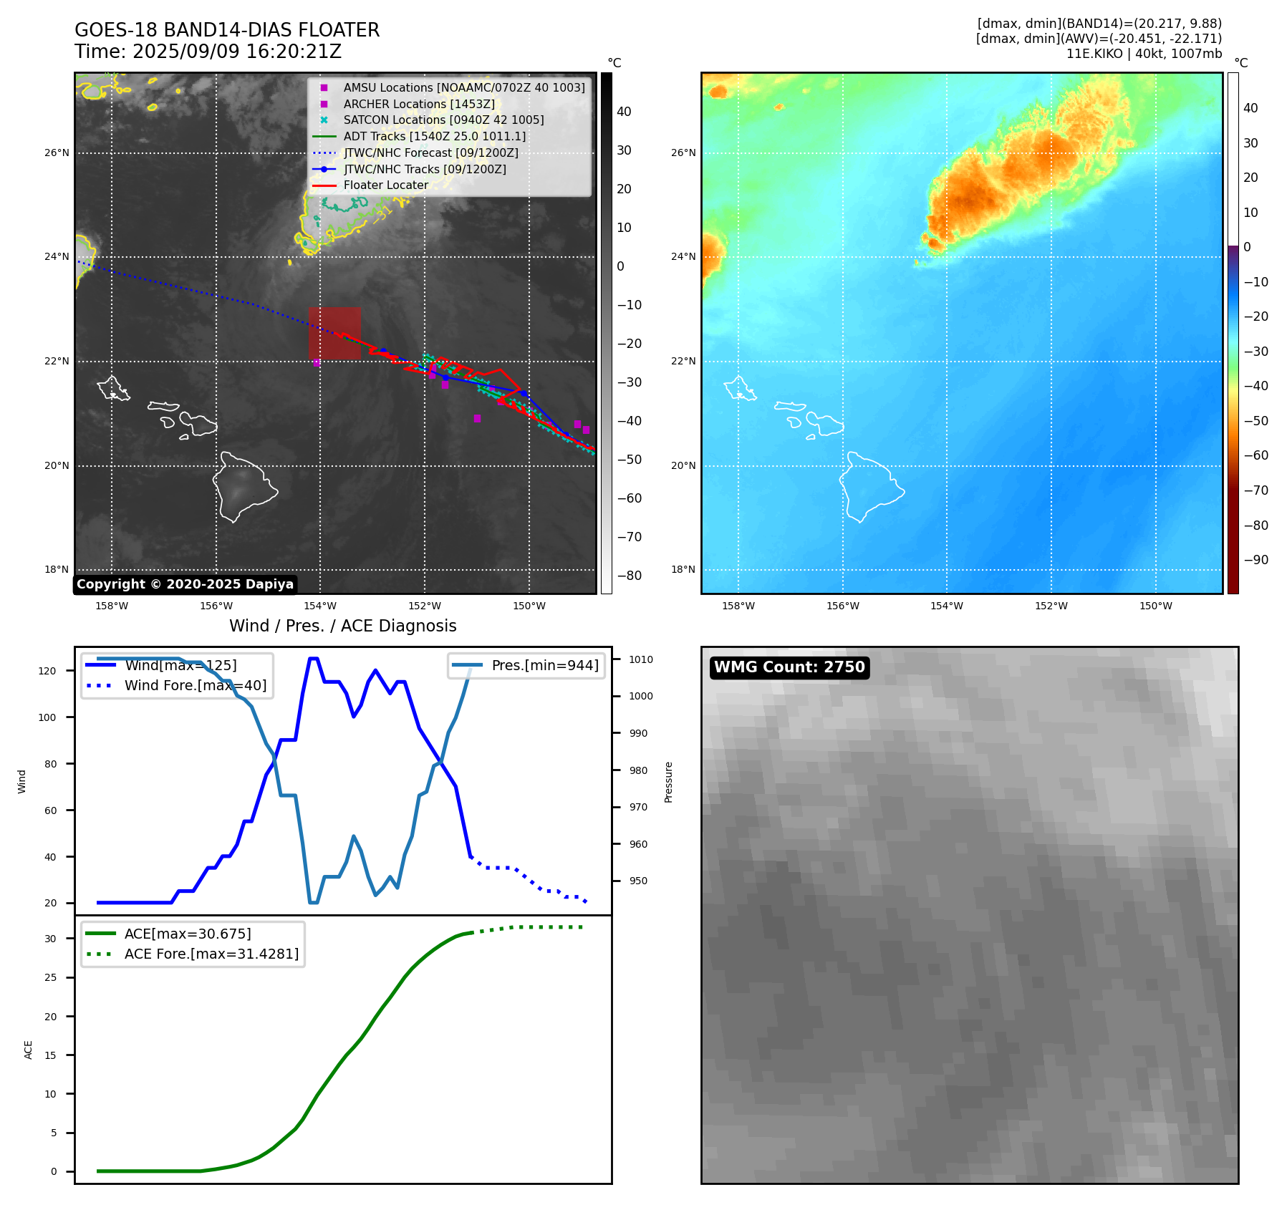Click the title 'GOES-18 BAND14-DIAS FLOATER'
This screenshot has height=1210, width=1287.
coord(227,30)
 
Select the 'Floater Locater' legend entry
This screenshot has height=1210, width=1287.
coord(385,185)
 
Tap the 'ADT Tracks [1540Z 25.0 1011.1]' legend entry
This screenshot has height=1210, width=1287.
coord(434,136)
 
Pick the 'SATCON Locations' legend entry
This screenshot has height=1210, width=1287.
coord(443,120)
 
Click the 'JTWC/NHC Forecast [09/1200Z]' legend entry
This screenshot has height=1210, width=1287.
coord(430,153)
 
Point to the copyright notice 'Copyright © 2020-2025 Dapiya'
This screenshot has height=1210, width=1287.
coord(185,584)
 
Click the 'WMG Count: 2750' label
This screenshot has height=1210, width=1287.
coord(789,667)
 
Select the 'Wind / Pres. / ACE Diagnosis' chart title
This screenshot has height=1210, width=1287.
coord(342,626)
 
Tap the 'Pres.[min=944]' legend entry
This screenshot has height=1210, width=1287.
coord(544,665)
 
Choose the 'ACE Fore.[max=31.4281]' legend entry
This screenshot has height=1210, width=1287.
coord(211,954)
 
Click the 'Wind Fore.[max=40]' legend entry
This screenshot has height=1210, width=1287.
coord(195,685)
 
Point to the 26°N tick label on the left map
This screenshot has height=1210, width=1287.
coord(57,153)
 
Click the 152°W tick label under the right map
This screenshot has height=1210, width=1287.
coord(1051,606)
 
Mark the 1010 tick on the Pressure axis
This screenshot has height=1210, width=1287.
coord(641,659)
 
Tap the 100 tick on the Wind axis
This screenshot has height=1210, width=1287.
coord(47,717)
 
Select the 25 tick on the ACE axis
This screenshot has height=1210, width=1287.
coord(50,977)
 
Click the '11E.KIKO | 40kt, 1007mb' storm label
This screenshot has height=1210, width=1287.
coord(1144,54)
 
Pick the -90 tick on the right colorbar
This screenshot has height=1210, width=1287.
coord(1255,560)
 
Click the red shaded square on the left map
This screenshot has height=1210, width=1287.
coord(334,333)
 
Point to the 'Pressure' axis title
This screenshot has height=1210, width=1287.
coord(668,782)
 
